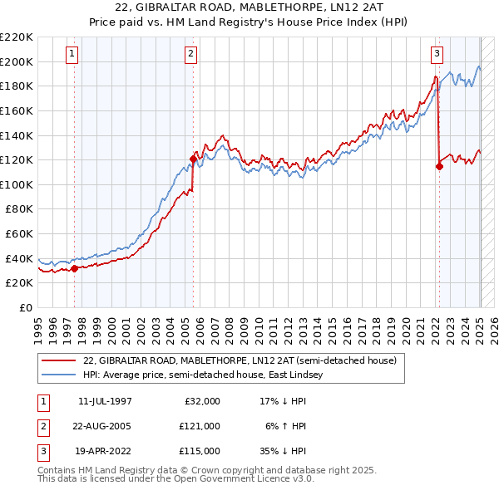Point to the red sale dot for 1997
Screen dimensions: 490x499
pyautogui.click(x=75, y=268)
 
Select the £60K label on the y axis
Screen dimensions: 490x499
pyautogui.click(x=19, y=233)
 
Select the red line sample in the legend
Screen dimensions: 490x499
pyautogui.click(x=57, y=360)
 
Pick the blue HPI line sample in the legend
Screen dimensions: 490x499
pyautogui.click(x=57, y=375)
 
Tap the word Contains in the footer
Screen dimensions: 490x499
pyautogui.click(x=57, y=470)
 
